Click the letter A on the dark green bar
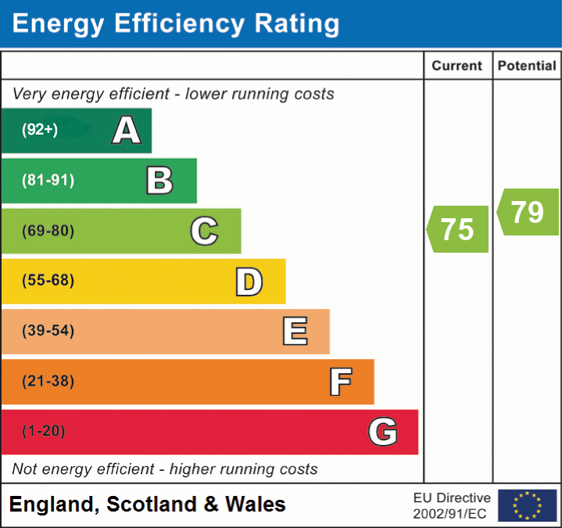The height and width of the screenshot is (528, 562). (127, 131)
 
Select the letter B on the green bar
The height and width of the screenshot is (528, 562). (159, 181)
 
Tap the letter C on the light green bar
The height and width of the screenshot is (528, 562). (204, 231)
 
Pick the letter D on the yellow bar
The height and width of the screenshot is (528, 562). (249, 282)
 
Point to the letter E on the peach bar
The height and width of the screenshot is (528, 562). (294, 332)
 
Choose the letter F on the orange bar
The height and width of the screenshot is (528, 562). (339, 382)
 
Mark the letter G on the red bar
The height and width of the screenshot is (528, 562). (383, 432)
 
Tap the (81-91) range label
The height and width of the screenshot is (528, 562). (48, 181)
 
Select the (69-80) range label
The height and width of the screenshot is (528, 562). (48, 231)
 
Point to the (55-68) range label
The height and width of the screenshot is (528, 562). (48, 281)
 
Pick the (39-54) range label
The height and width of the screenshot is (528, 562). (48, 331)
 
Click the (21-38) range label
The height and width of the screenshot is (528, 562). (48, 382)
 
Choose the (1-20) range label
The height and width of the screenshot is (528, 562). (44, 432)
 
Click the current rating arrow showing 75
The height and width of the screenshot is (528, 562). (458, 229)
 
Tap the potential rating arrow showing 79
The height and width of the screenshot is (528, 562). (528, 212)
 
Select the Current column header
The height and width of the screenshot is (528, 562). (457, 66)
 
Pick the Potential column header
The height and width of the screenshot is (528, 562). (527, 66)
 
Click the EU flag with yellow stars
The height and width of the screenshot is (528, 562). (527, 505)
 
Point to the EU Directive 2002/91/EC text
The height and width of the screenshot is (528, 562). (452, 505)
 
